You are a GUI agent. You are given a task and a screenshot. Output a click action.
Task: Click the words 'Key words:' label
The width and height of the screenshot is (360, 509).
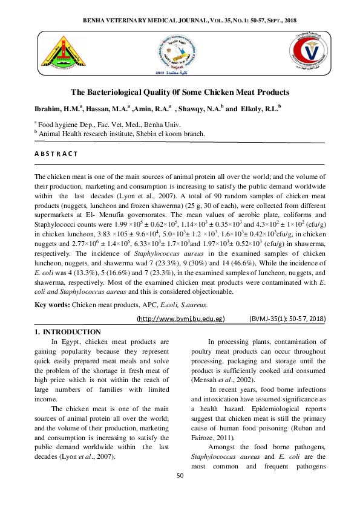pos(52,306)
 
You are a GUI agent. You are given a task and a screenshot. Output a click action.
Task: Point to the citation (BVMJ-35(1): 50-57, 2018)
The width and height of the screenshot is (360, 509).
pos(287,318)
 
